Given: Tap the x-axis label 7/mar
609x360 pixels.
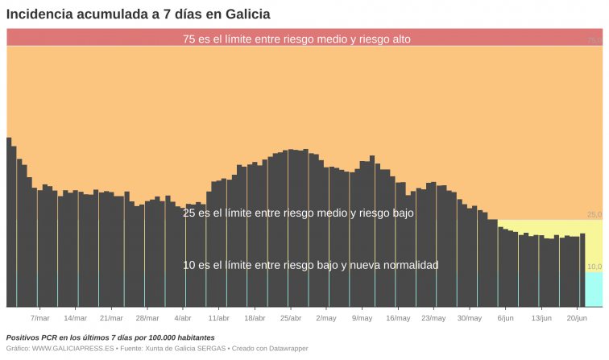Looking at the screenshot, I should [x=40, y=318].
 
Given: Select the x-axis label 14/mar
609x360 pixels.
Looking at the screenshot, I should [x=75, y=318].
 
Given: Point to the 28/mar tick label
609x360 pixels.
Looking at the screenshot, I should [x=147, y=318].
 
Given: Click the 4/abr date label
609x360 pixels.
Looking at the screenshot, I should [x=183, y=318].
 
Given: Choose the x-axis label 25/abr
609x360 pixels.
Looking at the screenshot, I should [x=290, y=318].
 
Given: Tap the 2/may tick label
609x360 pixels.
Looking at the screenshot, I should [x=326, y=318].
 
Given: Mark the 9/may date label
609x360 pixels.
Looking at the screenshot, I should [x=362, y=318].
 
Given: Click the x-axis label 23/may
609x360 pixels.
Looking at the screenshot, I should [x=433, y=318].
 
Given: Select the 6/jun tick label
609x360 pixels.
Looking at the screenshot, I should [x=505, y=318].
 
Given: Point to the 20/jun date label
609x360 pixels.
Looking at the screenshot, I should [x=577, y=318].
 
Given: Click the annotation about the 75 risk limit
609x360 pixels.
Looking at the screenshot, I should [x=297, y=39].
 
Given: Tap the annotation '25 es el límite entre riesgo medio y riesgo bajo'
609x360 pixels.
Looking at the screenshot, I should [x=298, y=213].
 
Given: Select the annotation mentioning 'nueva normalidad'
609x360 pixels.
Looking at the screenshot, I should [x=311, y=265].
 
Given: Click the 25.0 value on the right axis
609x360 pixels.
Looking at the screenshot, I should [x=594, y=215].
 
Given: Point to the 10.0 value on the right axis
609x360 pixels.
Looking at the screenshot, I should [x=594, y=267].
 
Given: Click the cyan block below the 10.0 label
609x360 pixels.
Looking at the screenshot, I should [x=594, y=290].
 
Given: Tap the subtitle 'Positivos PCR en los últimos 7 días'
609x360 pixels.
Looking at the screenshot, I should [x=110, y=337].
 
